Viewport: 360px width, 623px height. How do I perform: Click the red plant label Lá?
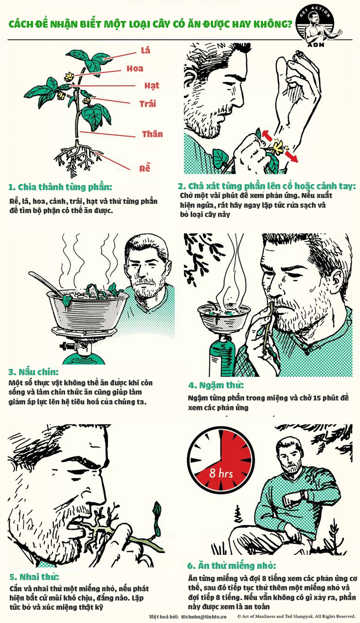(145, 50)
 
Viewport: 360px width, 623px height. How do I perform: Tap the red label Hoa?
(135, 69)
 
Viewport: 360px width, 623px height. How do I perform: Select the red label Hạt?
(151, 86)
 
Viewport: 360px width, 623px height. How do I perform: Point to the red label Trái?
(147, 104)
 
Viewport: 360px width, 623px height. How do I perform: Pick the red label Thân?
(152, 134)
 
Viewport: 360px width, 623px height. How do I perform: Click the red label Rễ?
(144, 168)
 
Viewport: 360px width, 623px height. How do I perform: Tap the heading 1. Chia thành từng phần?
(60, 187)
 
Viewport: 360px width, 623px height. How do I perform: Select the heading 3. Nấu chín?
(34, 372)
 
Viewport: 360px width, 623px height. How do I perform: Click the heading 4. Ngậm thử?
(216, 385)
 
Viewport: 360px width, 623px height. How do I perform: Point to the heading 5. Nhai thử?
(34, 577)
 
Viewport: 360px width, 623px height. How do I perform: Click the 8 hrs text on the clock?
(221, 473)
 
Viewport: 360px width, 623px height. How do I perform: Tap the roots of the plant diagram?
(78, 159)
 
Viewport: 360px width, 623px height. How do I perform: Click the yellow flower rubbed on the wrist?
(279, 147)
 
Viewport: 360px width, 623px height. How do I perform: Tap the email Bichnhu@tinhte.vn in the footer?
(204, 617)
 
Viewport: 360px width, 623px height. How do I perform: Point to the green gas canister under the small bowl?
(221, 356)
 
